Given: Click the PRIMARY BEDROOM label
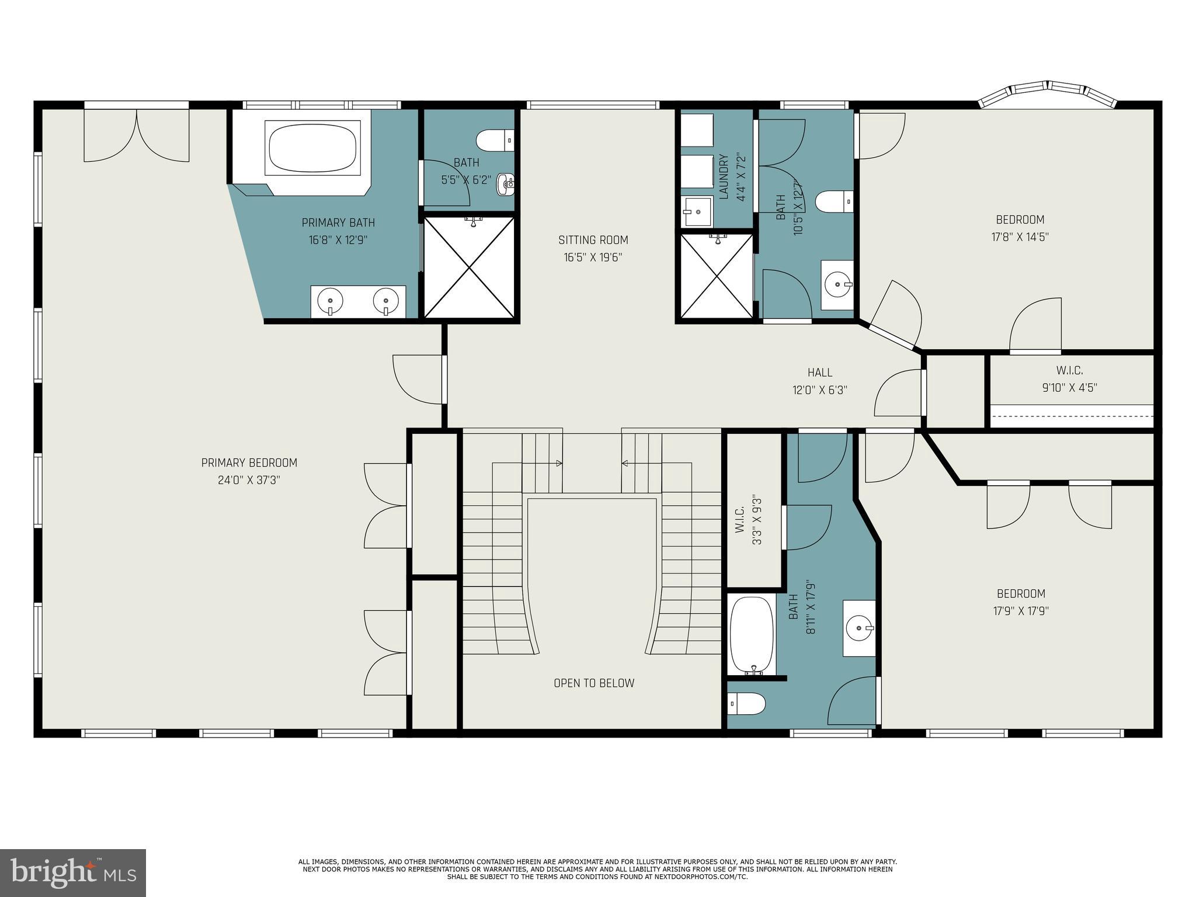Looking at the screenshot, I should pos(249,463).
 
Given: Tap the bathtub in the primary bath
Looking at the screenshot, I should pos(312,148).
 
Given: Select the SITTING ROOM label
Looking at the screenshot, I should pos(593,240).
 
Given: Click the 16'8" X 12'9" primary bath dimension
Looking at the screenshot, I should pos(338,240).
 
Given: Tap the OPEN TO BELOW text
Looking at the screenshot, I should pos(594,683).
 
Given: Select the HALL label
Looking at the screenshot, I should pos(820,373).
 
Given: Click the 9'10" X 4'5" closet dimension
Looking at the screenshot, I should pos(1069,388).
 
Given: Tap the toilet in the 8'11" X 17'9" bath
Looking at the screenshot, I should pos(747,704).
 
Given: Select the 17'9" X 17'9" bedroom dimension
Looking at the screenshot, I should pos(1021,611).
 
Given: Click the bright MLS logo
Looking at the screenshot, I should pos(73,872).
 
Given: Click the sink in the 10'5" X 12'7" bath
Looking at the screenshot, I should pos(838,285).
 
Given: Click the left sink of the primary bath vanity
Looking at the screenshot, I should pos(330,301).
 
